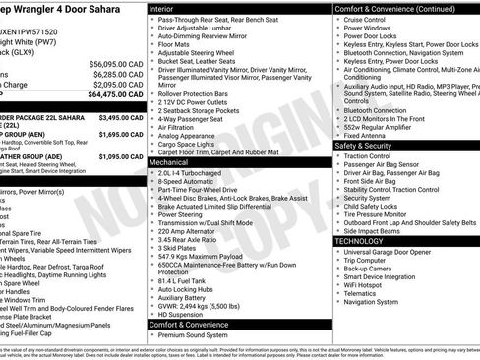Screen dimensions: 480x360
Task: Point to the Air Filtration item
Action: coord(178,127)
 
